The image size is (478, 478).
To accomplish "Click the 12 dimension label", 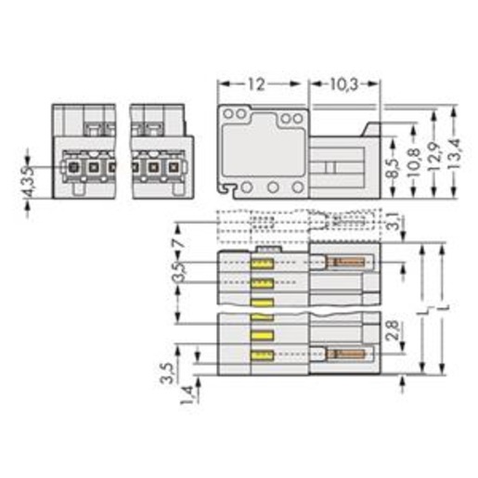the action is pos(257,84).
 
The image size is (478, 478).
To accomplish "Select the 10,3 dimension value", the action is pos(344,84).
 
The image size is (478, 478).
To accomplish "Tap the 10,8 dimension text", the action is pos(414,163).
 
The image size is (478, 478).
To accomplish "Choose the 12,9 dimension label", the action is pos(434,157).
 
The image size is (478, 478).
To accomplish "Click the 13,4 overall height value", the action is pos(455,154).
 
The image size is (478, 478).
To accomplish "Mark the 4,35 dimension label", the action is pos(29,181).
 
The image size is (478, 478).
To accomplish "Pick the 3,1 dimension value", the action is pos(394,221).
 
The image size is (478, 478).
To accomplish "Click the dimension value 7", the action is pos(179,242).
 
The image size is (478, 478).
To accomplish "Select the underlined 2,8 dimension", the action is pos(393,330).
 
